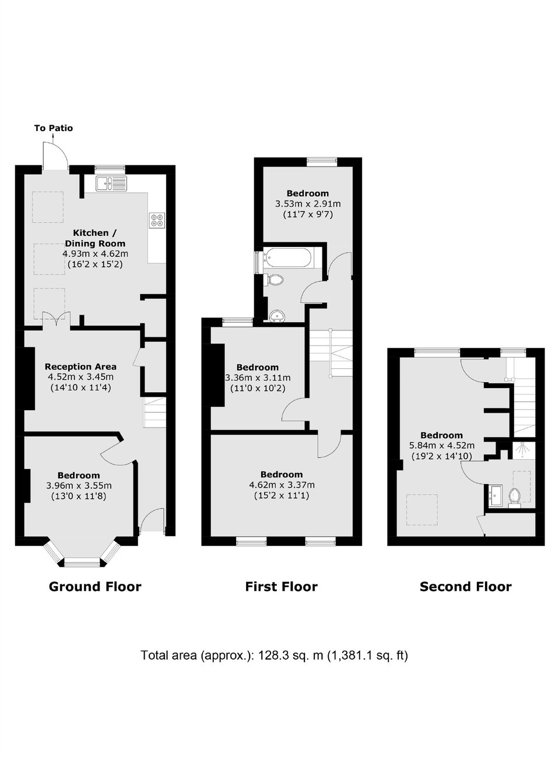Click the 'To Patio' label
click(53, 128)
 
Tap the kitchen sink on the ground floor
click(111, 184)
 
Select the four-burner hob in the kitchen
click(157, 220)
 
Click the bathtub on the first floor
click(289, 258)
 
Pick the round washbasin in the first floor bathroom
click(277, 316)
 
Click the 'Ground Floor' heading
click(94, 586)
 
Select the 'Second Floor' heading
click(465, 586)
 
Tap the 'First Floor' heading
click(281, 586)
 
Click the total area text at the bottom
click(274, 655)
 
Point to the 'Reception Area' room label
click(80, 366)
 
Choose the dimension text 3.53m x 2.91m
click(307, 204)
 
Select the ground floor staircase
click(154, 411)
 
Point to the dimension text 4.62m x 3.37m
click(282, 485)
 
